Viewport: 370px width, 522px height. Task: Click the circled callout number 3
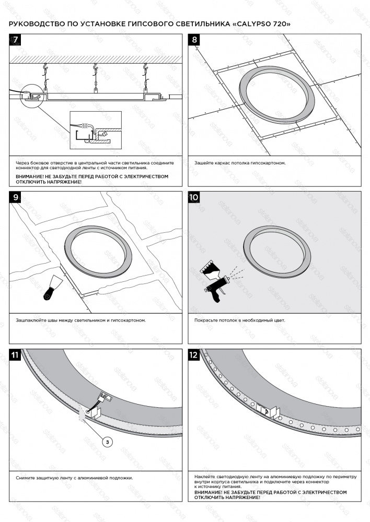(107, 442)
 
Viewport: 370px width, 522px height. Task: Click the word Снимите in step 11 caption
(26, 478)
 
